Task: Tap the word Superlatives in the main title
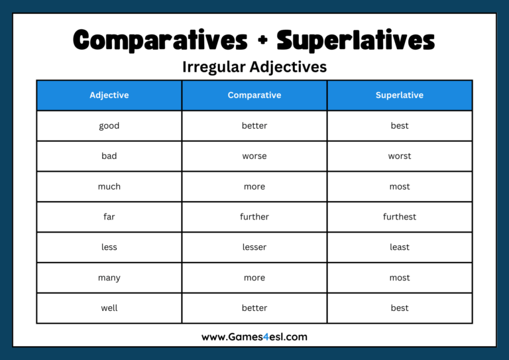[356, 41]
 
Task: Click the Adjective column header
[109, 95]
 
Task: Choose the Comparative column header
[254, 95]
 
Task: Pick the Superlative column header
[400, 95]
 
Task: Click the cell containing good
[109, 126]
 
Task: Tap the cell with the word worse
[254, 156]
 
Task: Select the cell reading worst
[400, 156]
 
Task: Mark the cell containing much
[109, 187]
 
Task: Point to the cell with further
[254, 217]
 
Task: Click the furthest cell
[400, 217]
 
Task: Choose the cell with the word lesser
[254, 247]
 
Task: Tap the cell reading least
[400, 247]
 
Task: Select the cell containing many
[109, 278]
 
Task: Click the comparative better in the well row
[254, 308]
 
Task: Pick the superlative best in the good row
[400, 126]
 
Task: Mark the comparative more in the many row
[254, 278]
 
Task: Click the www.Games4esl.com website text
[254, 337]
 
